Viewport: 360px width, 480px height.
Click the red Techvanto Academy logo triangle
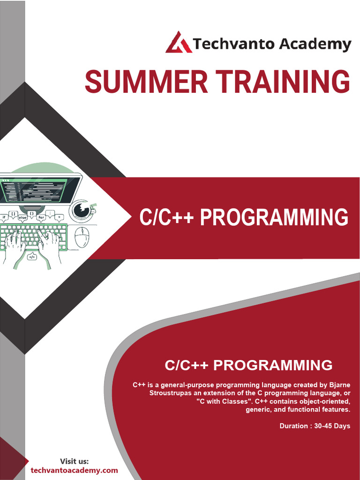[x=179, y=42]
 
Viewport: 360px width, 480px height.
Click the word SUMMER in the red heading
[x=146, y=81]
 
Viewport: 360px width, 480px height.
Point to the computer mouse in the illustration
[x=82, y=237]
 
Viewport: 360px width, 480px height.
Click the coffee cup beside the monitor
[x=82, y=210]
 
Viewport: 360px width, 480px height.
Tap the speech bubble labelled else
[x=22, y=217]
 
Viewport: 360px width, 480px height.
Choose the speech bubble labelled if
[x=4, y=217]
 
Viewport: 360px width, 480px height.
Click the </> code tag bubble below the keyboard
[x=32, y=256]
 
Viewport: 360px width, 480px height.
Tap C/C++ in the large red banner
[x=166, y=217]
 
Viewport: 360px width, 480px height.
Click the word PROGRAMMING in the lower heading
[x=273, y=365]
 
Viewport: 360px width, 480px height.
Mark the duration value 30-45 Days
[x=332, y=426]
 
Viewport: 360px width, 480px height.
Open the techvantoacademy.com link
[x=75, y=471]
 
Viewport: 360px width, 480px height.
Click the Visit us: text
[x=75, y=461]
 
